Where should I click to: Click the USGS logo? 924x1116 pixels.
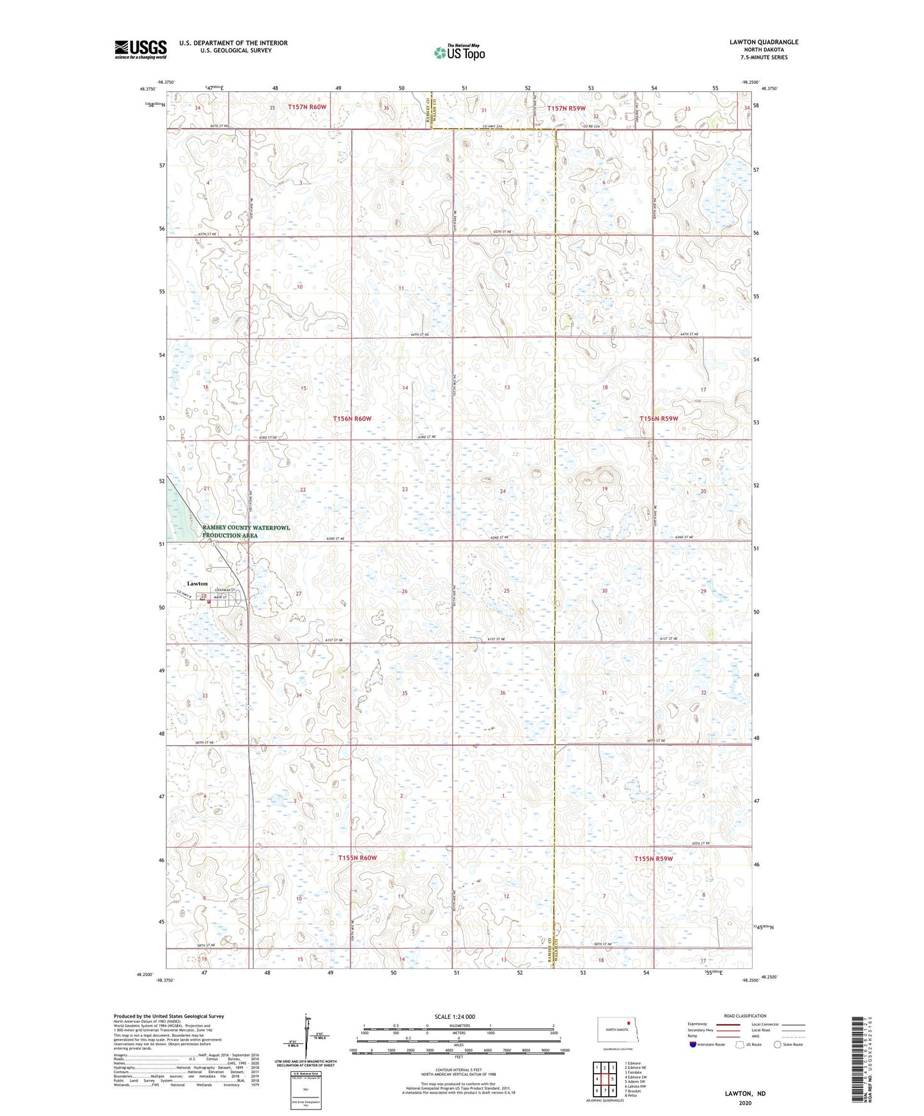click(x=140, y=49)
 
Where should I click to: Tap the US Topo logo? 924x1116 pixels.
click(x=459, y=52)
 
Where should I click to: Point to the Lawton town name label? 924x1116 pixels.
click(x=197, y=584)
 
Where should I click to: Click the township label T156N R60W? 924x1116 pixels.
click(x=352, y=419)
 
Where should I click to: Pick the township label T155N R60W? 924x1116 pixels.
click(x=357, y=858)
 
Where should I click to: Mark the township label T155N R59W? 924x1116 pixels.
click(x=654, y=858)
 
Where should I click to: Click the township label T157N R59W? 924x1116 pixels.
click(x=566, y=109)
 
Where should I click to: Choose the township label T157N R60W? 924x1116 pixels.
click(x=307, y=107)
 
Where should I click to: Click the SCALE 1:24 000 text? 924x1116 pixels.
click(x=455, y=1017)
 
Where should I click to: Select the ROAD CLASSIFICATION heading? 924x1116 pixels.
click(x=745, y=1016)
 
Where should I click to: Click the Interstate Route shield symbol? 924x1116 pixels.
click(x=693, y=1044)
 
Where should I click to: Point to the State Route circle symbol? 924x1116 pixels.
click(x=777, y=1044)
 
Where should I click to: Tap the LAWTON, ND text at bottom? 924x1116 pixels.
click(x=745, y=1094)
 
